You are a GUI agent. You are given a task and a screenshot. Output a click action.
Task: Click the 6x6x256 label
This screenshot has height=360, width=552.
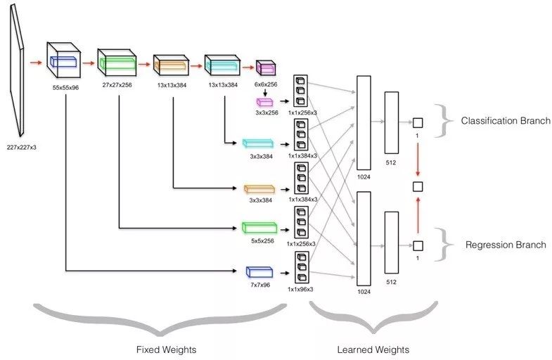point(266,84)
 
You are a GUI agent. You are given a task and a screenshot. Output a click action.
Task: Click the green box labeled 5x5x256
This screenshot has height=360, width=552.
point(257,228)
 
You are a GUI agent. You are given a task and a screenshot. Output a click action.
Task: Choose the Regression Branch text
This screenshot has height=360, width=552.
point(506,245)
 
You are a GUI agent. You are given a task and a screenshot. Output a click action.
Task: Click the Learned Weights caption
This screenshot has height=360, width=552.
point(373,349)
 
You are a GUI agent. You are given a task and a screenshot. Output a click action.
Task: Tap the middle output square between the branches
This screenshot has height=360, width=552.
point(418,186)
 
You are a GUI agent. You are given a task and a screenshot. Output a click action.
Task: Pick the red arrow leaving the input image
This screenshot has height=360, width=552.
point(35,63)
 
